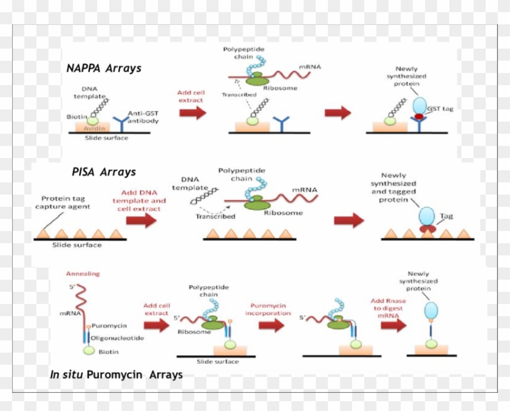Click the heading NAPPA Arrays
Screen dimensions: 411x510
[x=104, y=68]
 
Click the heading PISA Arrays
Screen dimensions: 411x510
[x=103, y=172]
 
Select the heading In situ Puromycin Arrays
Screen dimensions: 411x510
[x=116, y=375]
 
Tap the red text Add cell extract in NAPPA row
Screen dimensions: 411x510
[x=191, y=97]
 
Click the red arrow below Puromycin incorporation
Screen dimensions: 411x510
[x=271, y=325]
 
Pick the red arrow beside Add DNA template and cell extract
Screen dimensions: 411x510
[x=141, y=220]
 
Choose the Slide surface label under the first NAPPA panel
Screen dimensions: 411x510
[x=107, y=138]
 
